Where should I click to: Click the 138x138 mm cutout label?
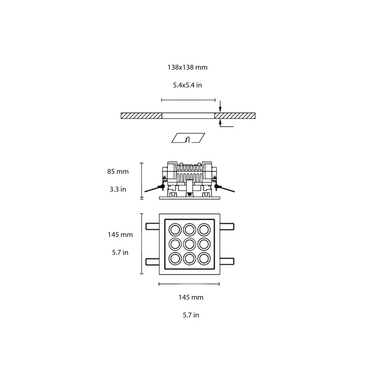pos(187,68)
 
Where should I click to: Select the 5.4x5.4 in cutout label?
pos(187,86)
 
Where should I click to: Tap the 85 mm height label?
pos(118,171)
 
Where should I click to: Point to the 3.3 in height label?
pos(117,189)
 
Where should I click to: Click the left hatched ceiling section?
pos(141,116)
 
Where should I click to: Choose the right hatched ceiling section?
pos(235,116)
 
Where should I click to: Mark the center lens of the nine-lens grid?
pos(189,244)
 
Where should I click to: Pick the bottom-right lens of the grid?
pos(204,259)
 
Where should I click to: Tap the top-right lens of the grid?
pos(204,229)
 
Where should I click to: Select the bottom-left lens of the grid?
pos(174,259)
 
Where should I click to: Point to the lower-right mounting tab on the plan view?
pos(227,261)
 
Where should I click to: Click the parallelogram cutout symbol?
pos(188,138)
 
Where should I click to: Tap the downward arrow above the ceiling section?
pos(220,106)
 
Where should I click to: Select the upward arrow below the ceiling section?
pos(220,124)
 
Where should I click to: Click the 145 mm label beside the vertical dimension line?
pos(120,234)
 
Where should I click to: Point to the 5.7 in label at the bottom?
pos(191,315)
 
